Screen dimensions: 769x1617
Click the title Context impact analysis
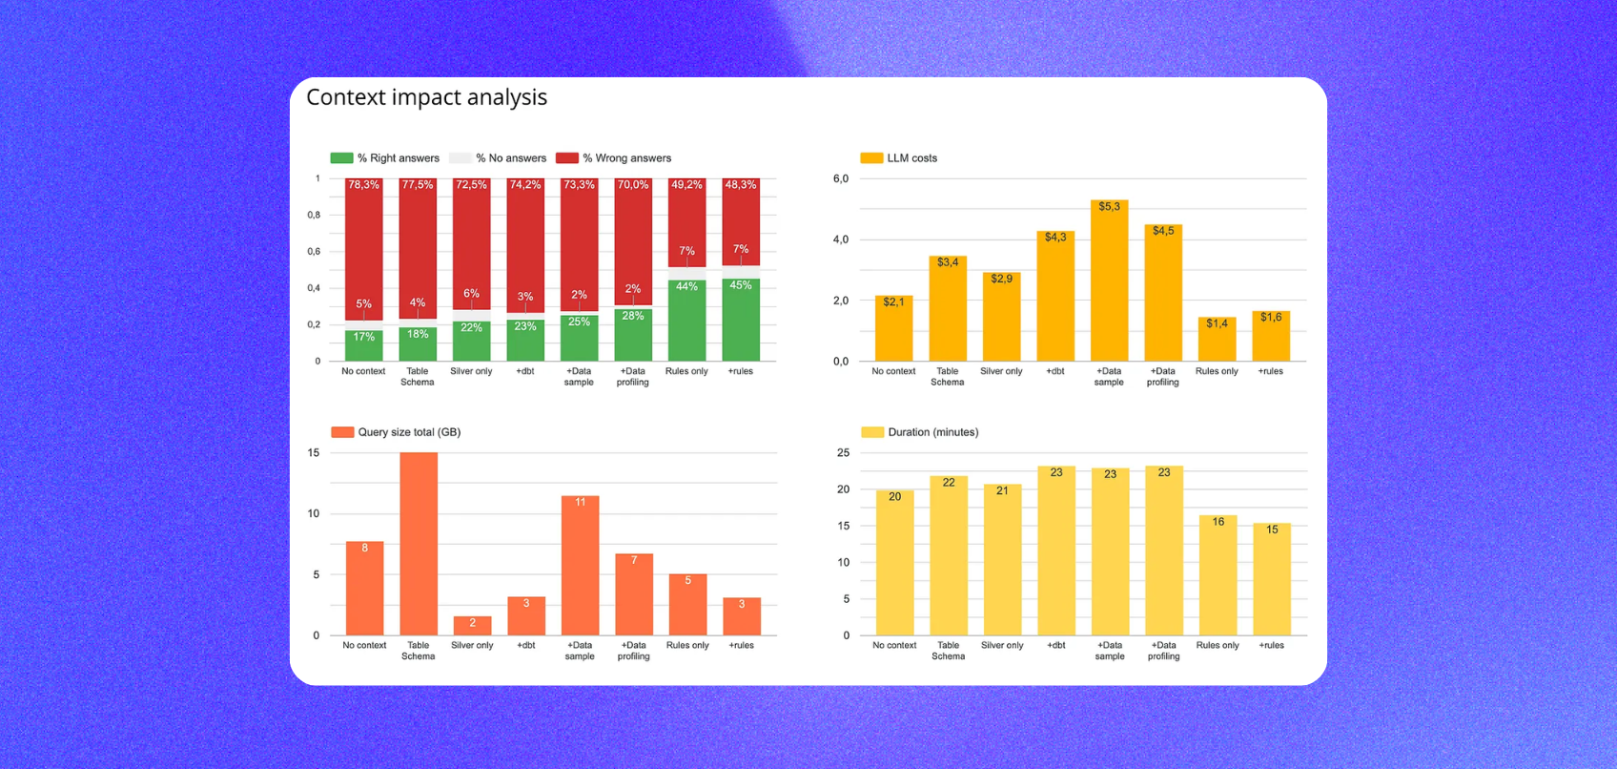tap(426, 97)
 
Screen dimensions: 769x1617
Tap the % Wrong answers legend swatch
tap(567, 158)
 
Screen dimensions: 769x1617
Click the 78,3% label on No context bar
tap(363, 185)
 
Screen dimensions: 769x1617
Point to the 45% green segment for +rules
tap(741, 320)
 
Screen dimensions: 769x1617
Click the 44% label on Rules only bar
tap(686, 286)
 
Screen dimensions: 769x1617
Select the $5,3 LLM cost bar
tap(1109, 281)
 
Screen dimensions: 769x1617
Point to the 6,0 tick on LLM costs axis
tap(840, 179)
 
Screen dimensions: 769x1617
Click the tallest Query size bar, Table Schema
tap(419, 544)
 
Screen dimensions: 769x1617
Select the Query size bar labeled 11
tap(580, 565)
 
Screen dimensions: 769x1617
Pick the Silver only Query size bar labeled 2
tap(472, 626)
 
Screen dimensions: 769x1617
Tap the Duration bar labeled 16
tap(1218, 575)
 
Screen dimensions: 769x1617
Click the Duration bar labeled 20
tap(894, 563)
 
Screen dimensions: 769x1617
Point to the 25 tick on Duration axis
tap(843, 453)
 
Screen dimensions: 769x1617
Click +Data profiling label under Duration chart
tap(1163, 651)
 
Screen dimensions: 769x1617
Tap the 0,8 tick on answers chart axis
tap(314, 216)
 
